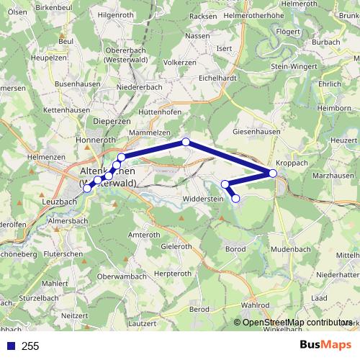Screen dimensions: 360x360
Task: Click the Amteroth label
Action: (143, 235)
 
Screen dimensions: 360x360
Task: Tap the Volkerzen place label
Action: (180, 62)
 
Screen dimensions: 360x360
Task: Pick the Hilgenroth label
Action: (117, 14)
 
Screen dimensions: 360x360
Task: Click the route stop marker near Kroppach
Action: (273, 173)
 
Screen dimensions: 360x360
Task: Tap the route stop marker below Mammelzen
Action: (186, 143)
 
